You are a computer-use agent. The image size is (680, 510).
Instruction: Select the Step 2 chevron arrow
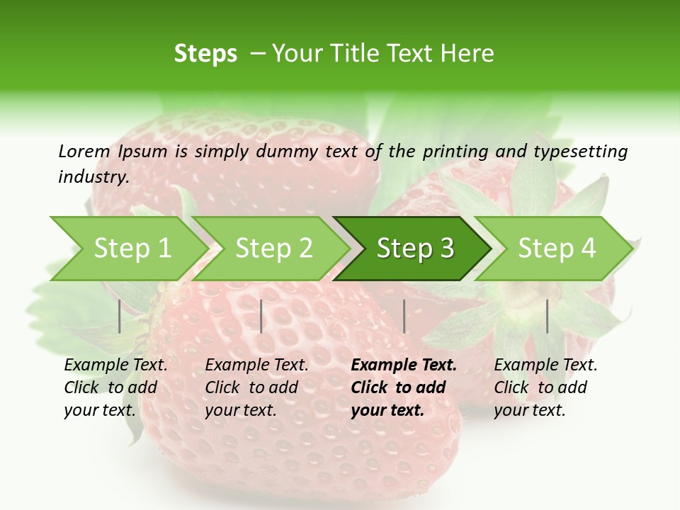click(273, 249)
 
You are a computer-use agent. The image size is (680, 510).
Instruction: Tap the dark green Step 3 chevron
click(415, 249)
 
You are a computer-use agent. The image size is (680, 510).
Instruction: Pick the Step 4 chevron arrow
click(557, 249)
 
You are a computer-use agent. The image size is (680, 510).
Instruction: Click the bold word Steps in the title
click(205, 54)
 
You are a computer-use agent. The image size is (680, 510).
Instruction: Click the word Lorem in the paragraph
click(84, 151)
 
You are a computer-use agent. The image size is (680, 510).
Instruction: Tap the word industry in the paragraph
click(93, 177)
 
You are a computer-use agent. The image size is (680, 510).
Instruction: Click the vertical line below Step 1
click(120, 316)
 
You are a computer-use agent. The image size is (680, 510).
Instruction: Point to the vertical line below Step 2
click(261, 316)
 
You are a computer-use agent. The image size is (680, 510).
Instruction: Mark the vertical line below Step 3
click(404, 316)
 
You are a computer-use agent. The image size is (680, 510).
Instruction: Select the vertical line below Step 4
click(547, 316)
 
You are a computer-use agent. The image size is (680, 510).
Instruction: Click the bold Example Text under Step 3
click(404, 365)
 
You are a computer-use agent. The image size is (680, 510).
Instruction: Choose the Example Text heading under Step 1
click(115, 365)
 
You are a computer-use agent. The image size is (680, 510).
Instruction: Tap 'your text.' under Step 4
click(529, 410)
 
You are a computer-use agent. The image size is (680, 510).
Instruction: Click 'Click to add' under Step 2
click(251, 387)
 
